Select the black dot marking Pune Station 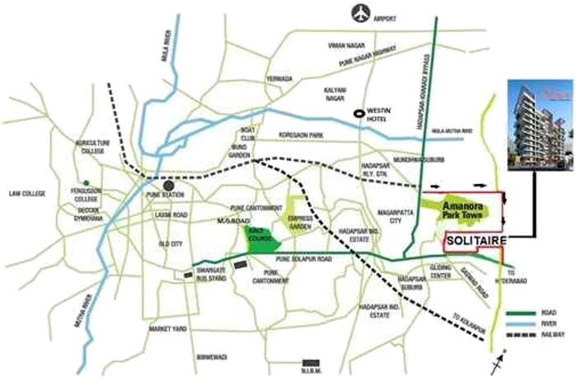pyautogui.click(x=169, y=185)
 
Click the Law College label pyautogui.click(x=26, y=193)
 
